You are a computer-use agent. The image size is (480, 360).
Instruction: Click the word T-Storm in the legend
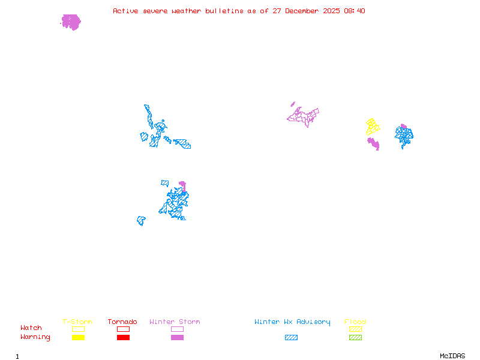click(x=77, y=322)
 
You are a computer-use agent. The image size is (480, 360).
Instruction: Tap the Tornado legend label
click(x=122, y=322)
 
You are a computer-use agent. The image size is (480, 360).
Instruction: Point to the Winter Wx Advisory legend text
click(x=292, y=322)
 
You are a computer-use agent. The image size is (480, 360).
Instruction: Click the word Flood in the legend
click(x=355, y=322)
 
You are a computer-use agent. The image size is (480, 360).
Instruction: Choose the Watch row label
click(x=31, y=328)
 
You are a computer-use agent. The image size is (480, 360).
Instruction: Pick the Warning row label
click(x=35, y=337)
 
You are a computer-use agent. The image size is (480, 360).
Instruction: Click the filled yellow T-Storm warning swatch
click(x=78, y=338)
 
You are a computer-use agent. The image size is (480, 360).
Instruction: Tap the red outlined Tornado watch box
click(x=123, y=329)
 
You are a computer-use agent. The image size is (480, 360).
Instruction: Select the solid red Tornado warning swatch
click(x=123, y=338)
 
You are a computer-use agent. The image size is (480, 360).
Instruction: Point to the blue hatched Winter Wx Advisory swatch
click(x=291, y=338)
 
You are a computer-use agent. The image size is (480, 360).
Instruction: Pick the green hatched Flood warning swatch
click(x=355, y=338)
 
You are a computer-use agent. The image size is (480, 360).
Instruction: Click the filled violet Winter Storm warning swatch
click(x=177, y=338)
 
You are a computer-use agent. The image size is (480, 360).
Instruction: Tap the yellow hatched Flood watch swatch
click(x=355, y=329)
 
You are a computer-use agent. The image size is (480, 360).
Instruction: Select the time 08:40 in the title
click(x=354, y=11)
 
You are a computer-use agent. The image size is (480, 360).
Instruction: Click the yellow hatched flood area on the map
click(x=373, y=127)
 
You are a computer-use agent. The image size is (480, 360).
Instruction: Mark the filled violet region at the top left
click(x=71, y=22)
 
